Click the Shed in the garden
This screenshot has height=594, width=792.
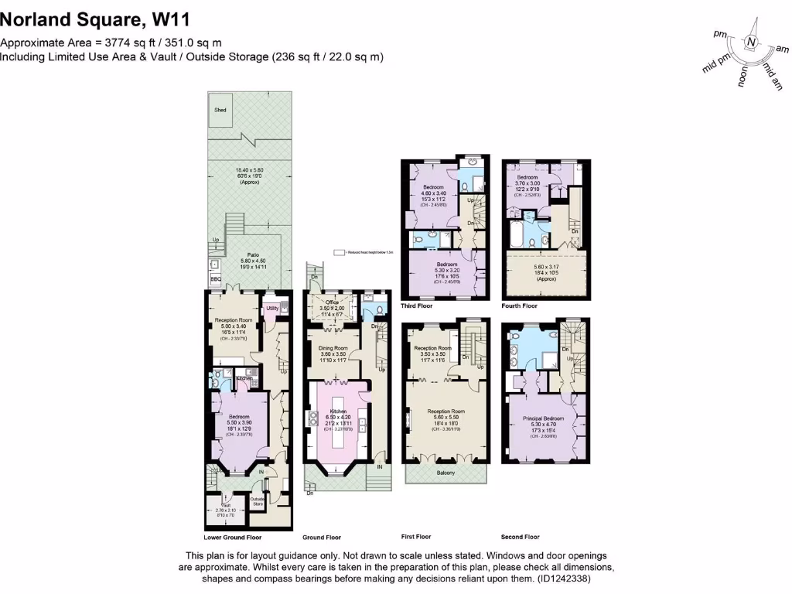coord(221,111)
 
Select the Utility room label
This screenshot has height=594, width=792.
coord(272,309)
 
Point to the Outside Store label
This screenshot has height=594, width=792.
coord(258,502)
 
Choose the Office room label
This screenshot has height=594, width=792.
coord(333,302)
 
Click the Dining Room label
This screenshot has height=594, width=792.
coord(333,349)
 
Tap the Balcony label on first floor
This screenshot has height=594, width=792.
coord(446,473)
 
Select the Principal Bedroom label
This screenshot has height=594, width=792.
coord(542,418)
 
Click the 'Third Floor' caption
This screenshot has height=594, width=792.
coord(416,306)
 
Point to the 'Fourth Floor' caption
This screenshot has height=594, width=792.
coord(520,306)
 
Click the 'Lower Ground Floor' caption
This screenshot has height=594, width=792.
coord(232,537)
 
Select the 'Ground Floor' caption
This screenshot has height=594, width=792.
coord(321,537)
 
